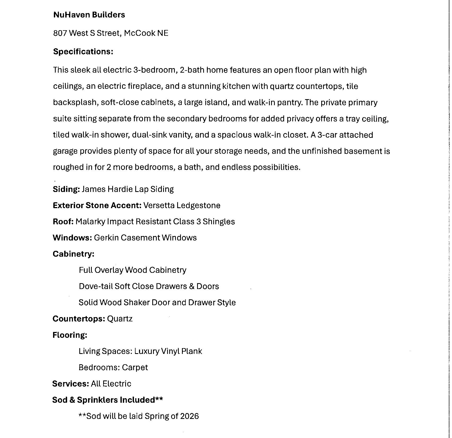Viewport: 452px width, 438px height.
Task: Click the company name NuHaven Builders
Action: [89, 15]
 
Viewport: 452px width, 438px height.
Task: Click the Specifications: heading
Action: [83, 51]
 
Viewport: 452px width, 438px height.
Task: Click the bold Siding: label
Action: [66, 189]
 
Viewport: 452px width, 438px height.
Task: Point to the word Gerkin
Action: [106, 238]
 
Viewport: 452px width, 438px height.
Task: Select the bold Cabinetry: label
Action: [73, 254]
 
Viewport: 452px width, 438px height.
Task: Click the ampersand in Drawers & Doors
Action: [192, 286]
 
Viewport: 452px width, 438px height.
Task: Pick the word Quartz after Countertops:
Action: [120, 319]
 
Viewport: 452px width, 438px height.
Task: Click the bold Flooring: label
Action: [70, 335]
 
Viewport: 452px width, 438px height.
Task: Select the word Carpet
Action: [135, 367]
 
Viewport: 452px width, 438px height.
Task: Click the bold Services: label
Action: [71, 384]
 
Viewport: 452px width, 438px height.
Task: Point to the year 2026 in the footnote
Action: [189, 416]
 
